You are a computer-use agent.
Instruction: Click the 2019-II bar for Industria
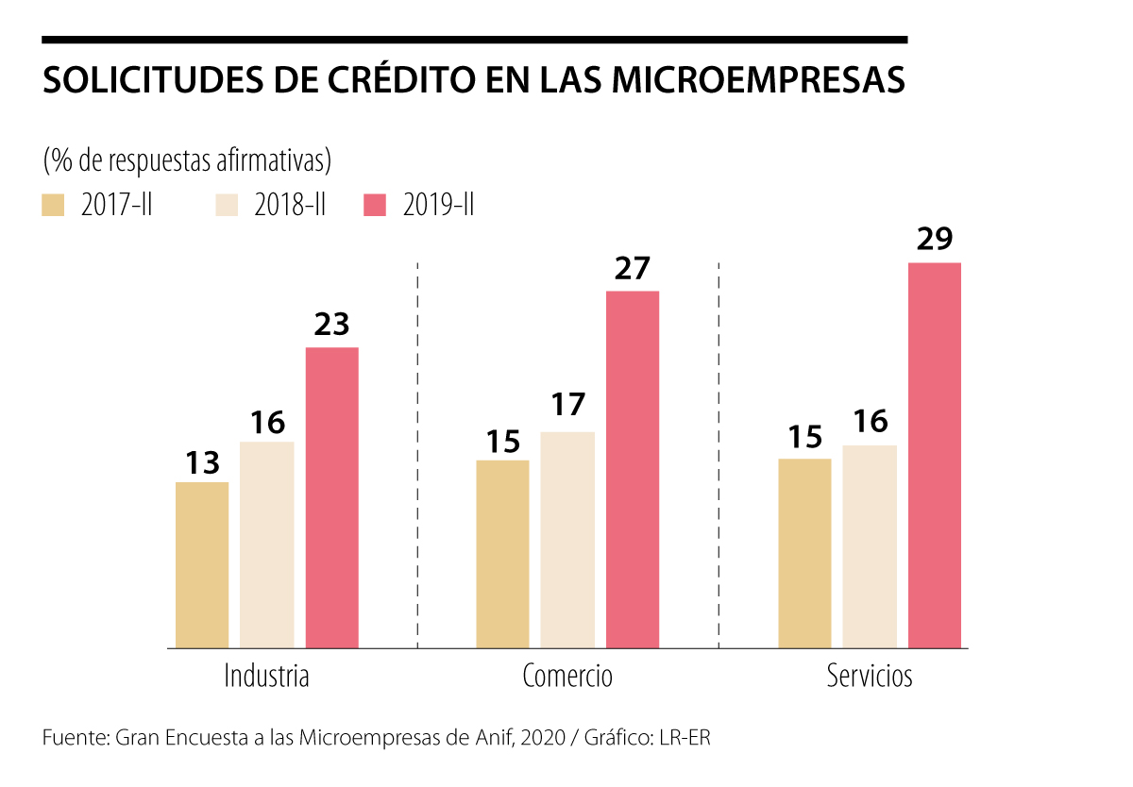(331, 497)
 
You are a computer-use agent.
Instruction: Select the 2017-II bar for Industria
(202, 565)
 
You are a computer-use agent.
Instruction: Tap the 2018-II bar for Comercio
(567, 540)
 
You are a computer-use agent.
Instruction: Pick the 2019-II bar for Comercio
(633, 469)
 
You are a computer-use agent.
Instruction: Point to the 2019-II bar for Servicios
(935, 455)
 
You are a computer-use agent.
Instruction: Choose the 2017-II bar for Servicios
(804, 553)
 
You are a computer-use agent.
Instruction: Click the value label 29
(935, 240)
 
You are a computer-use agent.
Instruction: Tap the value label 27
(633, 269)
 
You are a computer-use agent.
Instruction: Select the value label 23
(331, 325)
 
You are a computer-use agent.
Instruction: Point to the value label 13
(202, 462)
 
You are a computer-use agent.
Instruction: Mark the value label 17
(567, 406)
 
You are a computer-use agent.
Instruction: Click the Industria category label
(267, 677)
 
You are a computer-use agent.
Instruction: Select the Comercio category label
(567, 677)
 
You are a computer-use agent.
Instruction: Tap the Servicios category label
(870, 677)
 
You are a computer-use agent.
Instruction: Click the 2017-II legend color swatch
(53, 206)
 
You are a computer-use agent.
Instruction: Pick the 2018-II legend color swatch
(227, 206)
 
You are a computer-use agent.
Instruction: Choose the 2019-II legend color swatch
(375, 206)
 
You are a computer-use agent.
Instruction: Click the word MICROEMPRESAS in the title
(758, 81)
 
